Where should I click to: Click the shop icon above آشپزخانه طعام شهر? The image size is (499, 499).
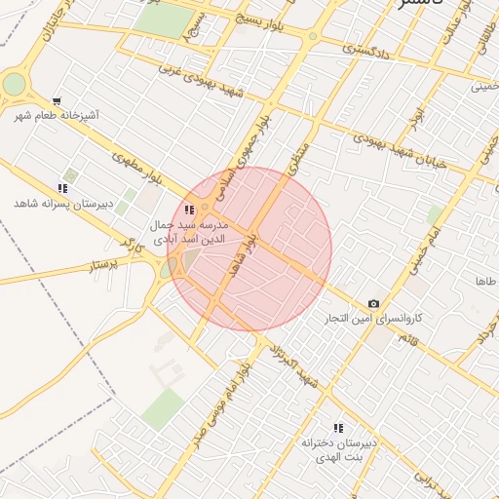57,100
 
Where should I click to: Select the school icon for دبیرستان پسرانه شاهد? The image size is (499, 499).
62,188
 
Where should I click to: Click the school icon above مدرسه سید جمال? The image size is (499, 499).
189,210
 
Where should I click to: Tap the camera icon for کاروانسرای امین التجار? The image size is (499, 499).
373,304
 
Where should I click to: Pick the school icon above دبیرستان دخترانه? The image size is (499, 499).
338,428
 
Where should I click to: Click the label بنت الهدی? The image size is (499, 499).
337,456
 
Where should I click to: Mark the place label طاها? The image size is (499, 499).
485,281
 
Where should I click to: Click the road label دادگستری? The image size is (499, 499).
365,48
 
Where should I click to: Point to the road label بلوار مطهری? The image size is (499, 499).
135,168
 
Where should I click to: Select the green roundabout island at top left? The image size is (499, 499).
14,84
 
